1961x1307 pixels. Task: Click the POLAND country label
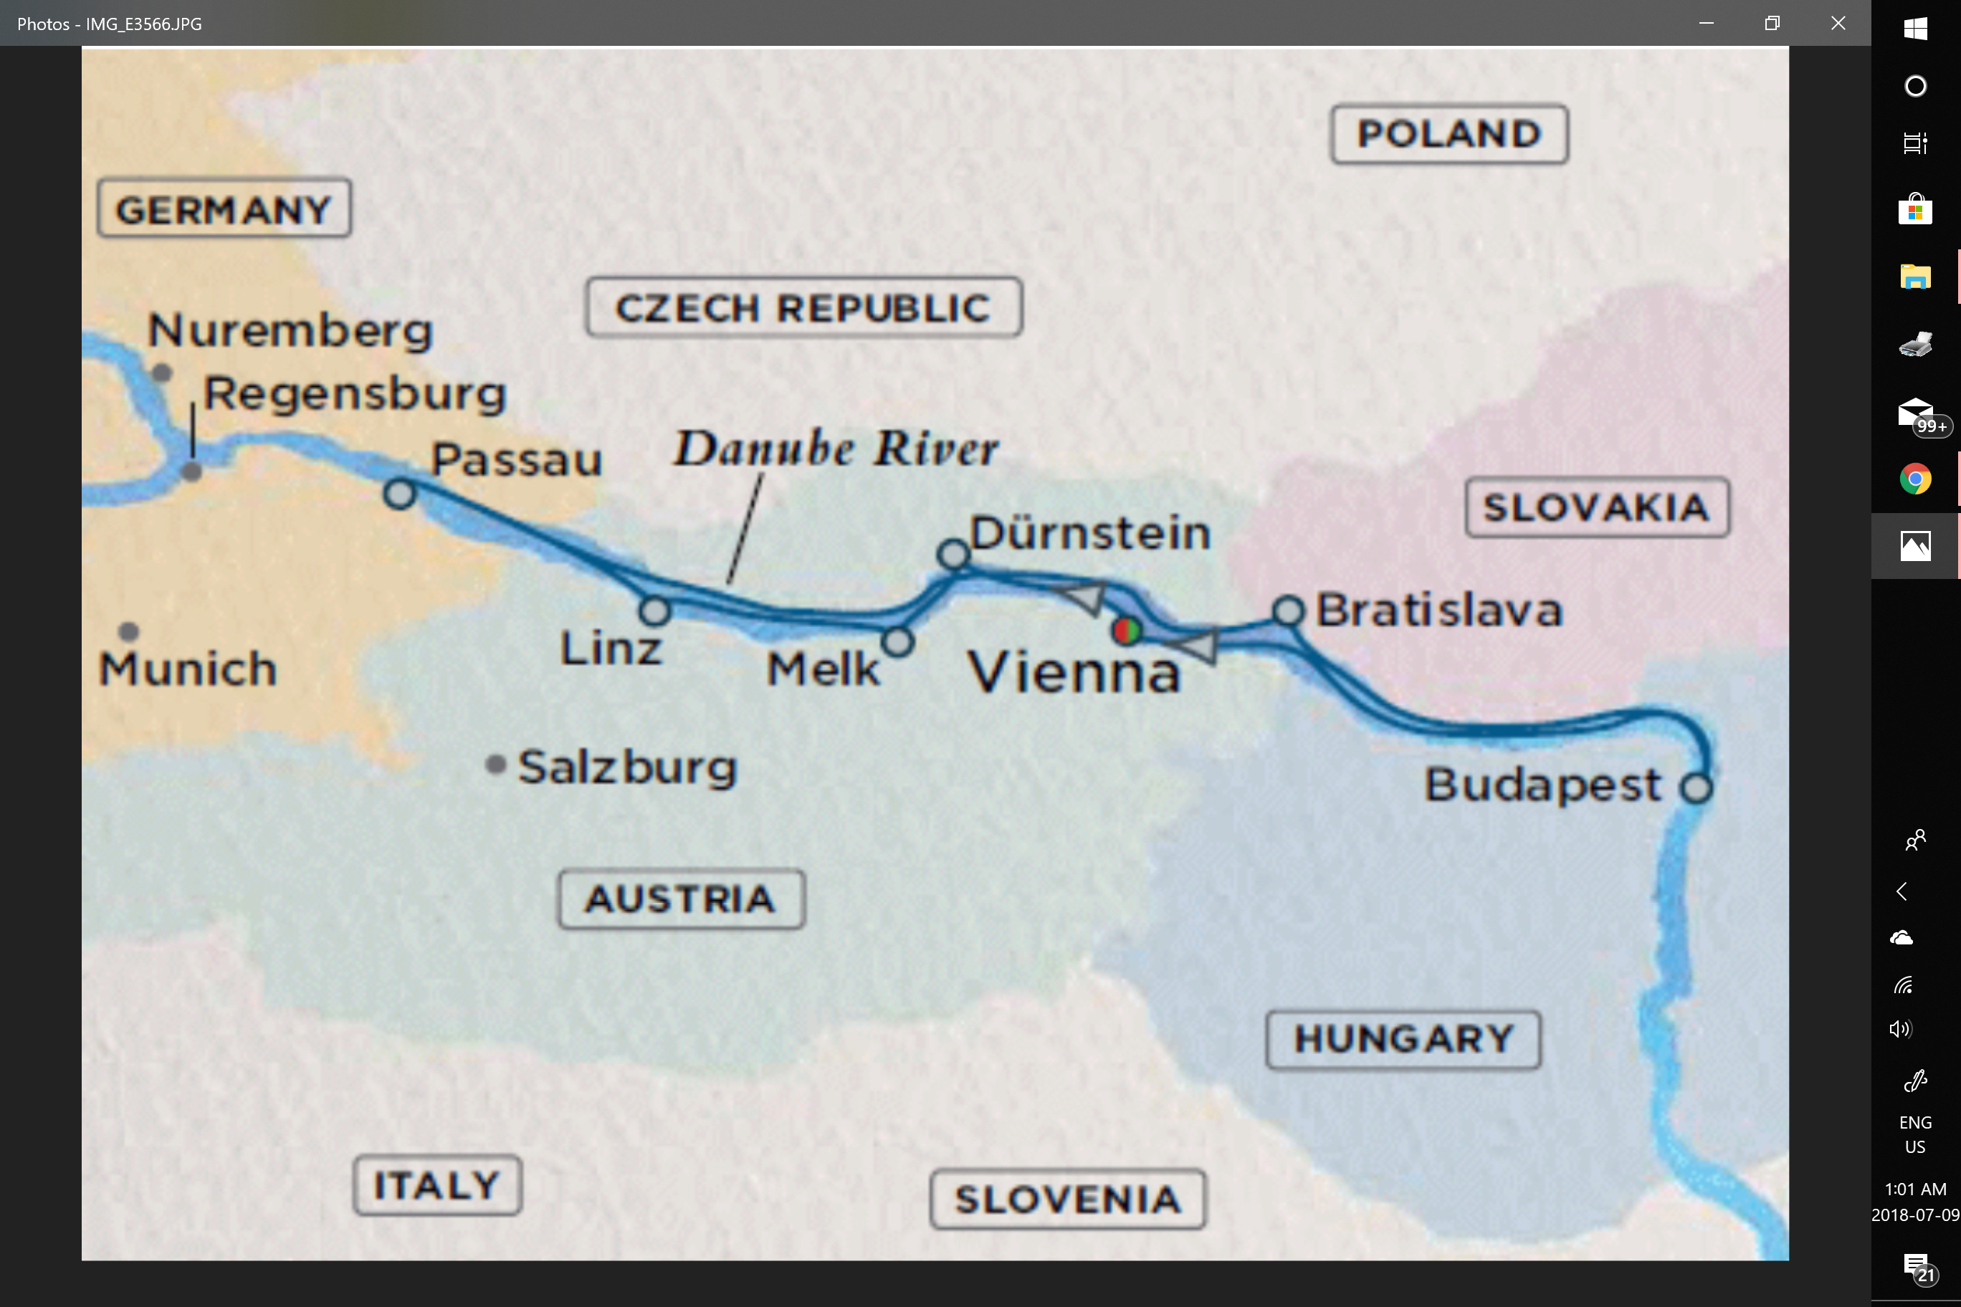pyautogui.click(x=1449, y=134)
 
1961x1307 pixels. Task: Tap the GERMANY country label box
pyautogui.click(x=224, y=209)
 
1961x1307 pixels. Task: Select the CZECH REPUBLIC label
pyautogui.click(x=803, y=307)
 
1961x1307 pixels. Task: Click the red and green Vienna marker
pyautogui.click(x=1127, y=630)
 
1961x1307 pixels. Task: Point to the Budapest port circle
pyautogui.click(x=1696, y=787)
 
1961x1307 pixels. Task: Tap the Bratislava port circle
pyautogui.click(x=1288, y=611)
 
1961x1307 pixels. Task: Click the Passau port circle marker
pyautogui.click(x=400, y=494)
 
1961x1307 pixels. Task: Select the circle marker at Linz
pyautogui.click(x=654, y=611)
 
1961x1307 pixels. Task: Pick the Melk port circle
pyautogui.click(x=898, y=641)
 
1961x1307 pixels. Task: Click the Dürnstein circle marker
pyautogui.click(x=953, y=553)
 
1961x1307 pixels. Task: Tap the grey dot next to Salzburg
pyautogui.click(x=495, y=765)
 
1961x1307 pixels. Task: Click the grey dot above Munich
pyautogui.click(x=128, y=631)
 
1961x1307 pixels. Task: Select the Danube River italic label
pyautogui.click(x=836, y=449)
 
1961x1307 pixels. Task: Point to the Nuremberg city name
pyautogui.click(x=290, y=330)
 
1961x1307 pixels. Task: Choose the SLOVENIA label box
pyautogui.click(x=1067, y=1200)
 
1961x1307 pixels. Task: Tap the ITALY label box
pyautogui.click(x=437, y=1184)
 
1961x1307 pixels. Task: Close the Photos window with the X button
pyautogui.click(x=1838, y=24)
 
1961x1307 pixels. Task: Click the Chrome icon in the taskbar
pyautogui.click(x=1915, y=479)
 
